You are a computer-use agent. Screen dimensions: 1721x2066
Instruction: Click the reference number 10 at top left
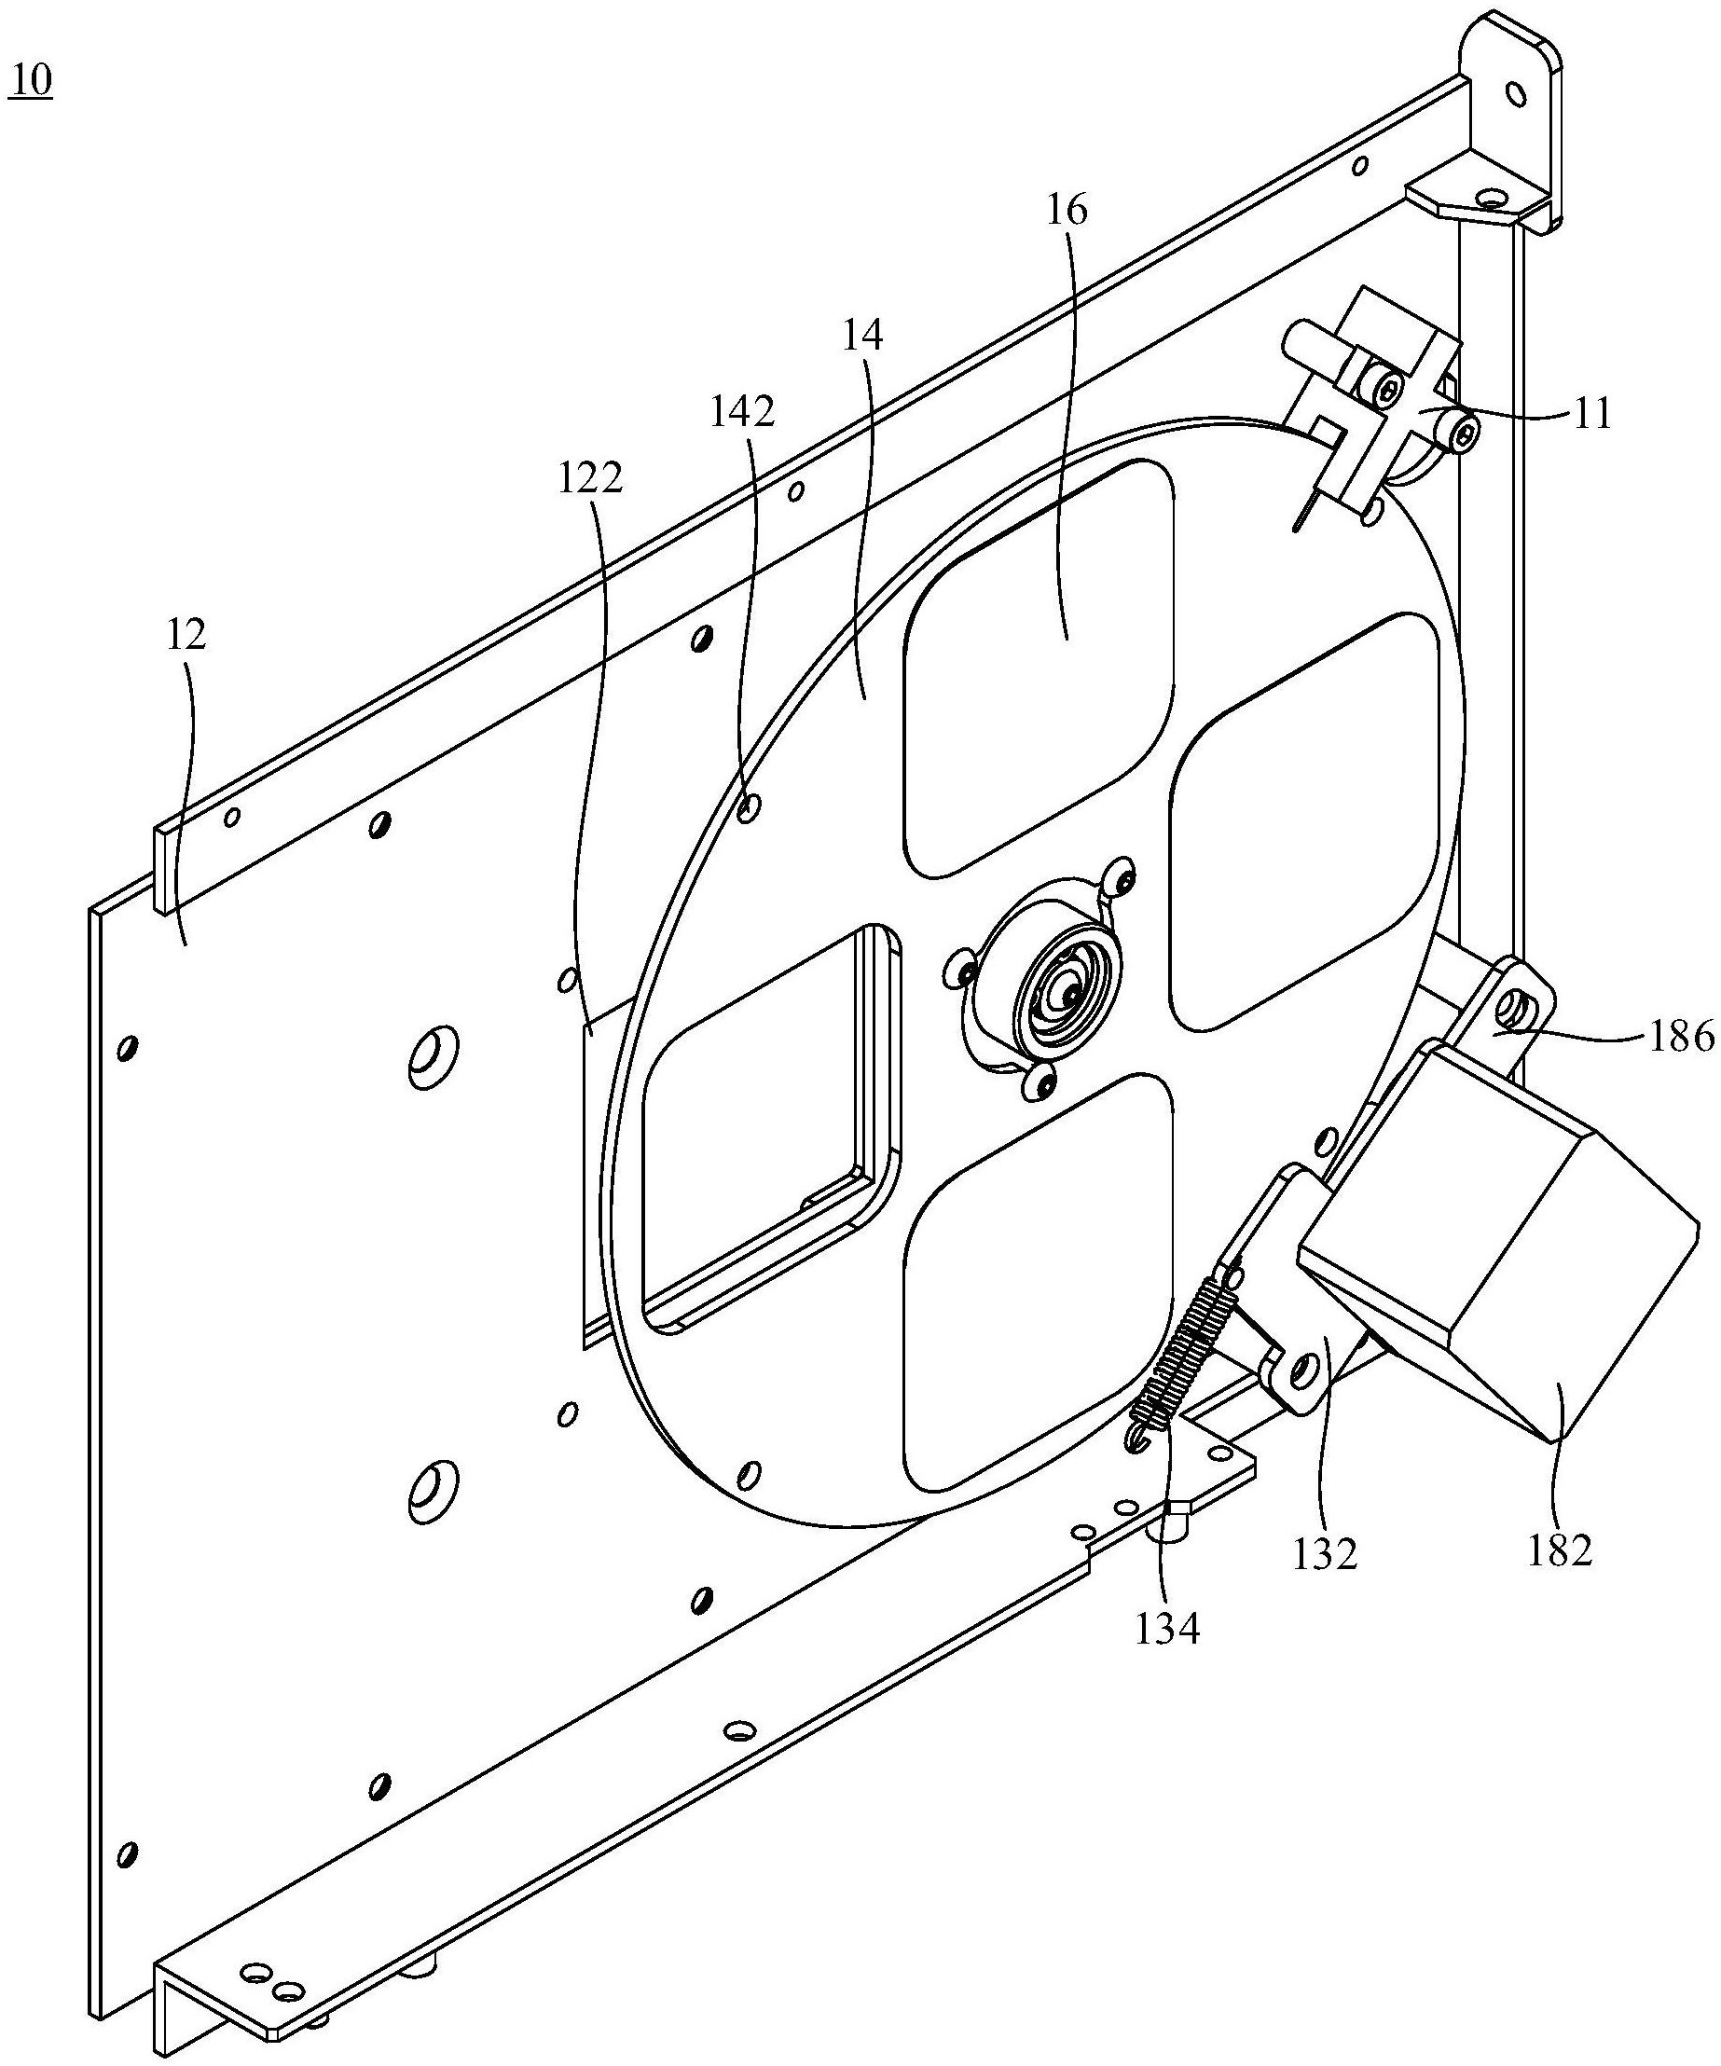coord(31,82)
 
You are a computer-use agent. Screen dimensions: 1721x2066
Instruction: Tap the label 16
coord(1067,211)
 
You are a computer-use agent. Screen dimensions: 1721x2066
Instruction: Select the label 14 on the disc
coord(862,336)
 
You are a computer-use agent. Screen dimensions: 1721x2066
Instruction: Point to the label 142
coord(743,412)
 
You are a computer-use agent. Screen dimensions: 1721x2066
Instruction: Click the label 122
coord(590,479)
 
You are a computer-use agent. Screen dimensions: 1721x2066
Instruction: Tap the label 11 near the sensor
coord(1592,414)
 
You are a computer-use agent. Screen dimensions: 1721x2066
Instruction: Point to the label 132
coord(1327,1553)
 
